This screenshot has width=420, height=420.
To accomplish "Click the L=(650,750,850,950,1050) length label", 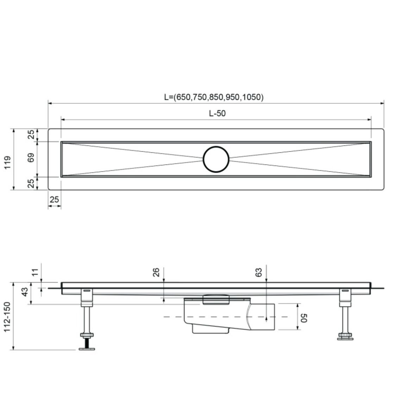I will click(213, 97).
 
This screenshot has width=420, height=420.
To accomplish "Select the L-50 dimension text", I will click(217, 113).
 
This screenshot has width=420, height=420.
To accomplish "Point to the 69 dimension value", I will click(31, 158).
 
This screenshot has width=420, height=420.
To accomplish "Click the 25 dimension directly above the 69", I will click(31, 134).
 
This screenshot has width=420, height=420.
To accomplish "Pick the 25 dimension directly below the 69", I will click(31, 183).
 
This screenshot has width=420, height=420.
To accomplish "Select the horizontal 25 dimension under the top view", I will click(54, 200).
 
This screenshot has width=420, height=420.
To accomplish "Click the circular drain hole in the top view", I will click(216, 159).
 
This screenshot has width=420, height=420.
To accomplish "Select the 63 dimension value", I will click(259, 272).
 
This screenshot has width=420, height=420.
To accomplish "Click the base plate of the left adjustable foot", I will click(87, 349).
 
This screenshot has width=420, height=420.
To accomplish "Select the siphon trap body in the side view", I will click(211, 315).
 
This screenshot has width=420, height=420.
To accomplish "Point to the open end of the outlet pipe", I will click(274, 317).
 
